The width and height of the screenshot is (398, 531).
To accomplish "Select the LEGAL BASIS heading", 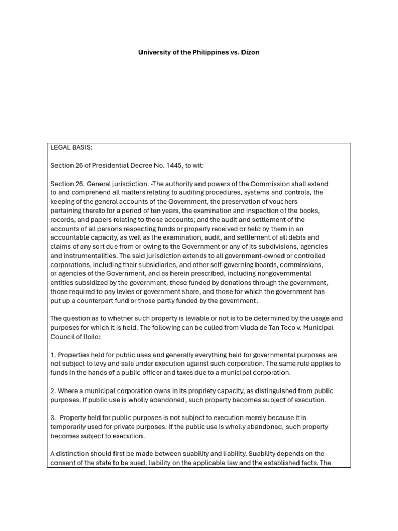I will click(x=71, y=147).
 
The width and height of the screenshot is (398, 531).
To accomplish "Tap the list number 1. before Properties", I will click(x=53, y=355).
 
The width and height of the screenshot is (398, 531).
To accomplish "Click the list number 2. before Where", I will click(x=53, y=391).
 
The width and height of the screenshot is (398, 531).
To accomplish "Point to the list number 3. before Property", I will click(x=53, y=418).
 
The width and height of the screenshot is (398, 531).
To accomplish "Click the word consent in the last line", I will click(x=64, y=463).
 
